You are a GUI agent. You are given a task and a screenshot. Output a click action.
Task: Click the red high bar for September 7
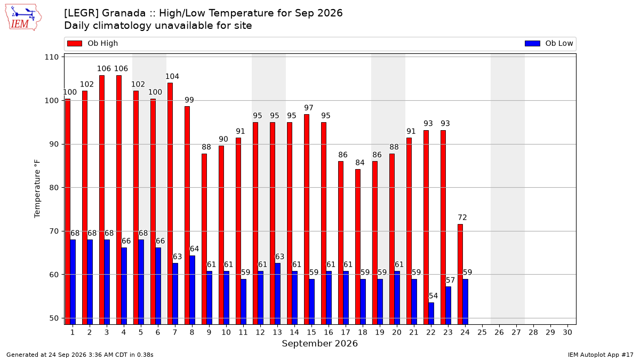click(170, 204)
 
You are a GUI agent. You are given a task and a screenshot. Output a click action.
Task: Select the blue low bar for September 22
click(431, 314)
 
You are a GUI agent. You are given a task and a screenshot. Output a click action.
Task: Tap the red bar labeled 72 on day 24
click(460, 274)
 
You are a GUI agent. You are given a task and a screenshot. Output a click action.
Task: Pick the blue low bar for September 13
click(277, 294)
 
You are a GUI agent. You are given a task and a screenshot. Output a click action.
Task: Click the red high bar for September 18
click(358, 247)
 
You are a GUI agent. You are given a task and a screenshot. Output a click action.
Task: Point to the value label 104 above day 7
click(172, 77)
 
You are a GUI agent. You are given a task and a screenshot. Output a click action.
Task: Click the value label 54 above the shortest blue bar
click(433, 295)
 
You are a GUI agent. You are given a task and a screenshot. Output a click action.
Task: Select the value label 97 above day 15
click(309, 108)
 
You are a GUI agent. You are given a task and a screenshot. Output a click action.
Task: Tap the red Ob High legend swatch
click(75, 43)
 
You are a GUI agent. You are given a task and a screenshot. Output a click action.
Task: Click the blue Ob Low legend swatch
click(532, 43)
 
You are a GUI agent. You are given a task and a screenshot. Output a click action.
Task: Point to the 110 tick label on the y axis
click(51, 57)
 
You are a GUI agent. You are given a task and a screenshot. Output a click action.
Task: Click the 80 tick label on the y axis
click(54, 188)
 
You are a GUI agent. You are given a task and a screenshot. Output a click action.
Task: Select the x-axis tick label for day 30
click(567, 332)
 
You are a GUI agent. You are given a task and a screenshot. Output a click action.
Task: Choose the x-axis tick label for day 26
click(499, 332)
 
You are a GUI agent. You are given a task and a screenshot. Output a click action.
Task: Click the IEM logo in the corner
click(23, 17)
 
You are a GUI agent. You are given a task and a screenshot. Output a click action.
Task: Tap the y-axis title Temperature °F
click(37, 189)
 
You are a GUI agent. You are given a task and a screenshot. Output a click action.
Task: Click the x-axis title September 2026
click(319, 343)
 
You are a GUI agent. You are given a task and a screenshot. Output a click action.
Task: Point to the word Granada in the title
click(124, 13)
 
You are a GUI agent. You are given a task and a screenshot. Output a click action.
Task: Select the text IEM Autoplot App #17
click(601, 355)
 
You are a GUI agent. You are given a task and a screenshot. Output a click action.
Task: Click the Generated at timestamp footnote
click(79, 355)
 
